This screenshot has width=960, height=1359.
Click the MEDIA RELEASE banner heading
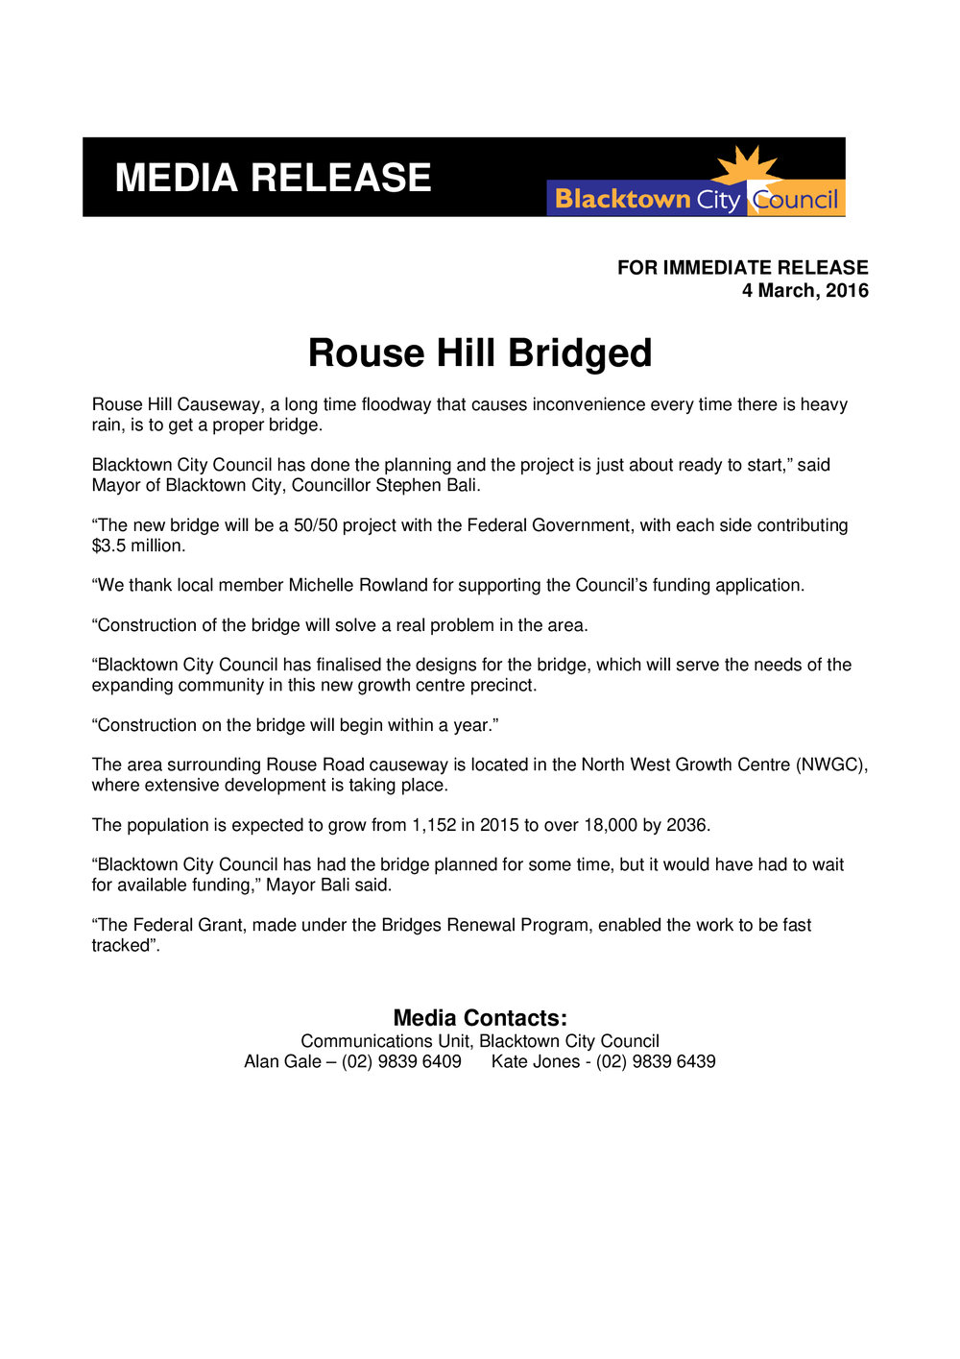click(273, 179)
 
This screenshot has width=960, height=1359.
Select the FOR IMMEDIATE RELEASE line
click(742, 268)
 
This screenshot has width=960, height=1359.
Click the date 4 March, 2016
click(804, 291)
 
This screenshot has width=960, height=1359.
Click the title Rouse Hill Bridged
click(479, 353)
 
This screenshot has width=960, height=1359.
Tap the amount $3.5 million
click(137, 546)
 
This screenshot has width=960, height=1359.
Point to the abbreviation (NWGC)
click(832, 765)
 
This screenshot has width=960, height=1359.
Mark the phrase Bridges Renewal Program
click(485, 926)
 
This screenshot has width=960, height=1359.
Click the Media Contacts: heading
click(480, 1018)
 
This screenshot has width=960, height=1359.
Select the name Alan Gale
click(282, 1062)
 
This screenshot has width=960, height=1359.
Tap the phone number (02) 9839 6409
click(401, 1062)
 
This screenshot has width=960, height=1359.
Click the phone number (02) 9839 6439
click(656, 1062)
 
